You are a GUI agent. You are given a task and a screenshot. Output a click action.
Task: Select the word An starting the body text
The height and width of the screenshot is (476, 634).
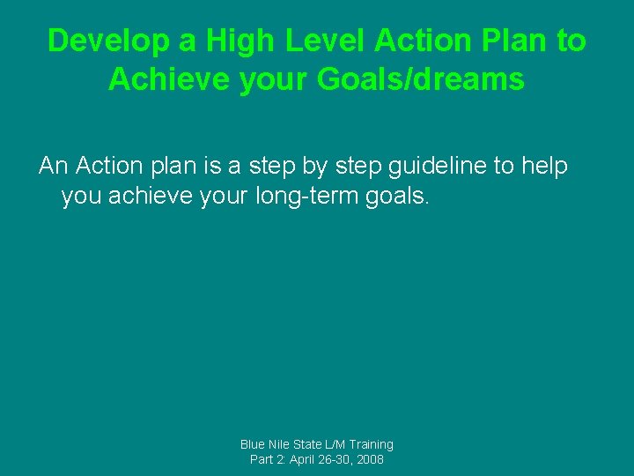[54, 166]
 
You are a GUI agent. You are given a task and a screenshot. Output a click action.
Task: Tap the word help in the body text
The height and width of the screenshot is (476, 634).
[543, 166]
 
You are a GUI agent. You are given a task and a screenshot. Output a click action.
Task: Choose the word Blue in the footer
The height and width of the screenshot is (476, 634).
[254, 444]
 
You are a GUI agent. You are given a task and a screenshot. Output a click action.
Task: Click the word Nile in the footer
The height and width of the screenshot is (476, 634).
[284, 444]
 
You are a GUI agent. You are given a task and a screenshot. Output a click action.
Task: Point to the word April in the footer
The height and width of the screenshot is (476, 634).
[309, 460]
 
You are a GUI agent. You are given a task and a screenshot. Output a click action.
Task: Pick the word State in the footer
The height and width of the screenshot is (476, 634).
[314, 444]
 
